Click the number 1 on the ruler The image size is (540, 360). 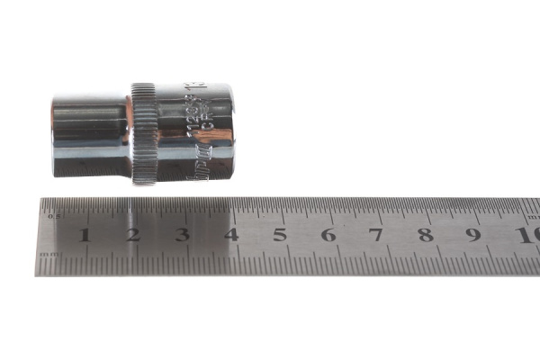85,236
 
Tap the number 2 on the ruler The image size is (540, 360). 133,236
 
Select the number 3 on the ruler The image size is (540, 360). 182,236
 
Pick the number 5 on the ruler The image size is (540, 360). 279,236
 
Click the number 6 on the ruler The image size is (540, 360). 328,236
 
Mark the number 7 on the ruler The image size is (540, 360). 376,236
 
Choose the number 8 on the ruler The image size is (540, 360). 425,236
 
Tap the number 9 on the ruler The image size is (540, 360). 473,236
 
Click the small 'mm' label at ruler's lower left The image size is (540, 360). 51,256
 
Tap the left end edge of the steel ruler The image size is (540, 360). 38,236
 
